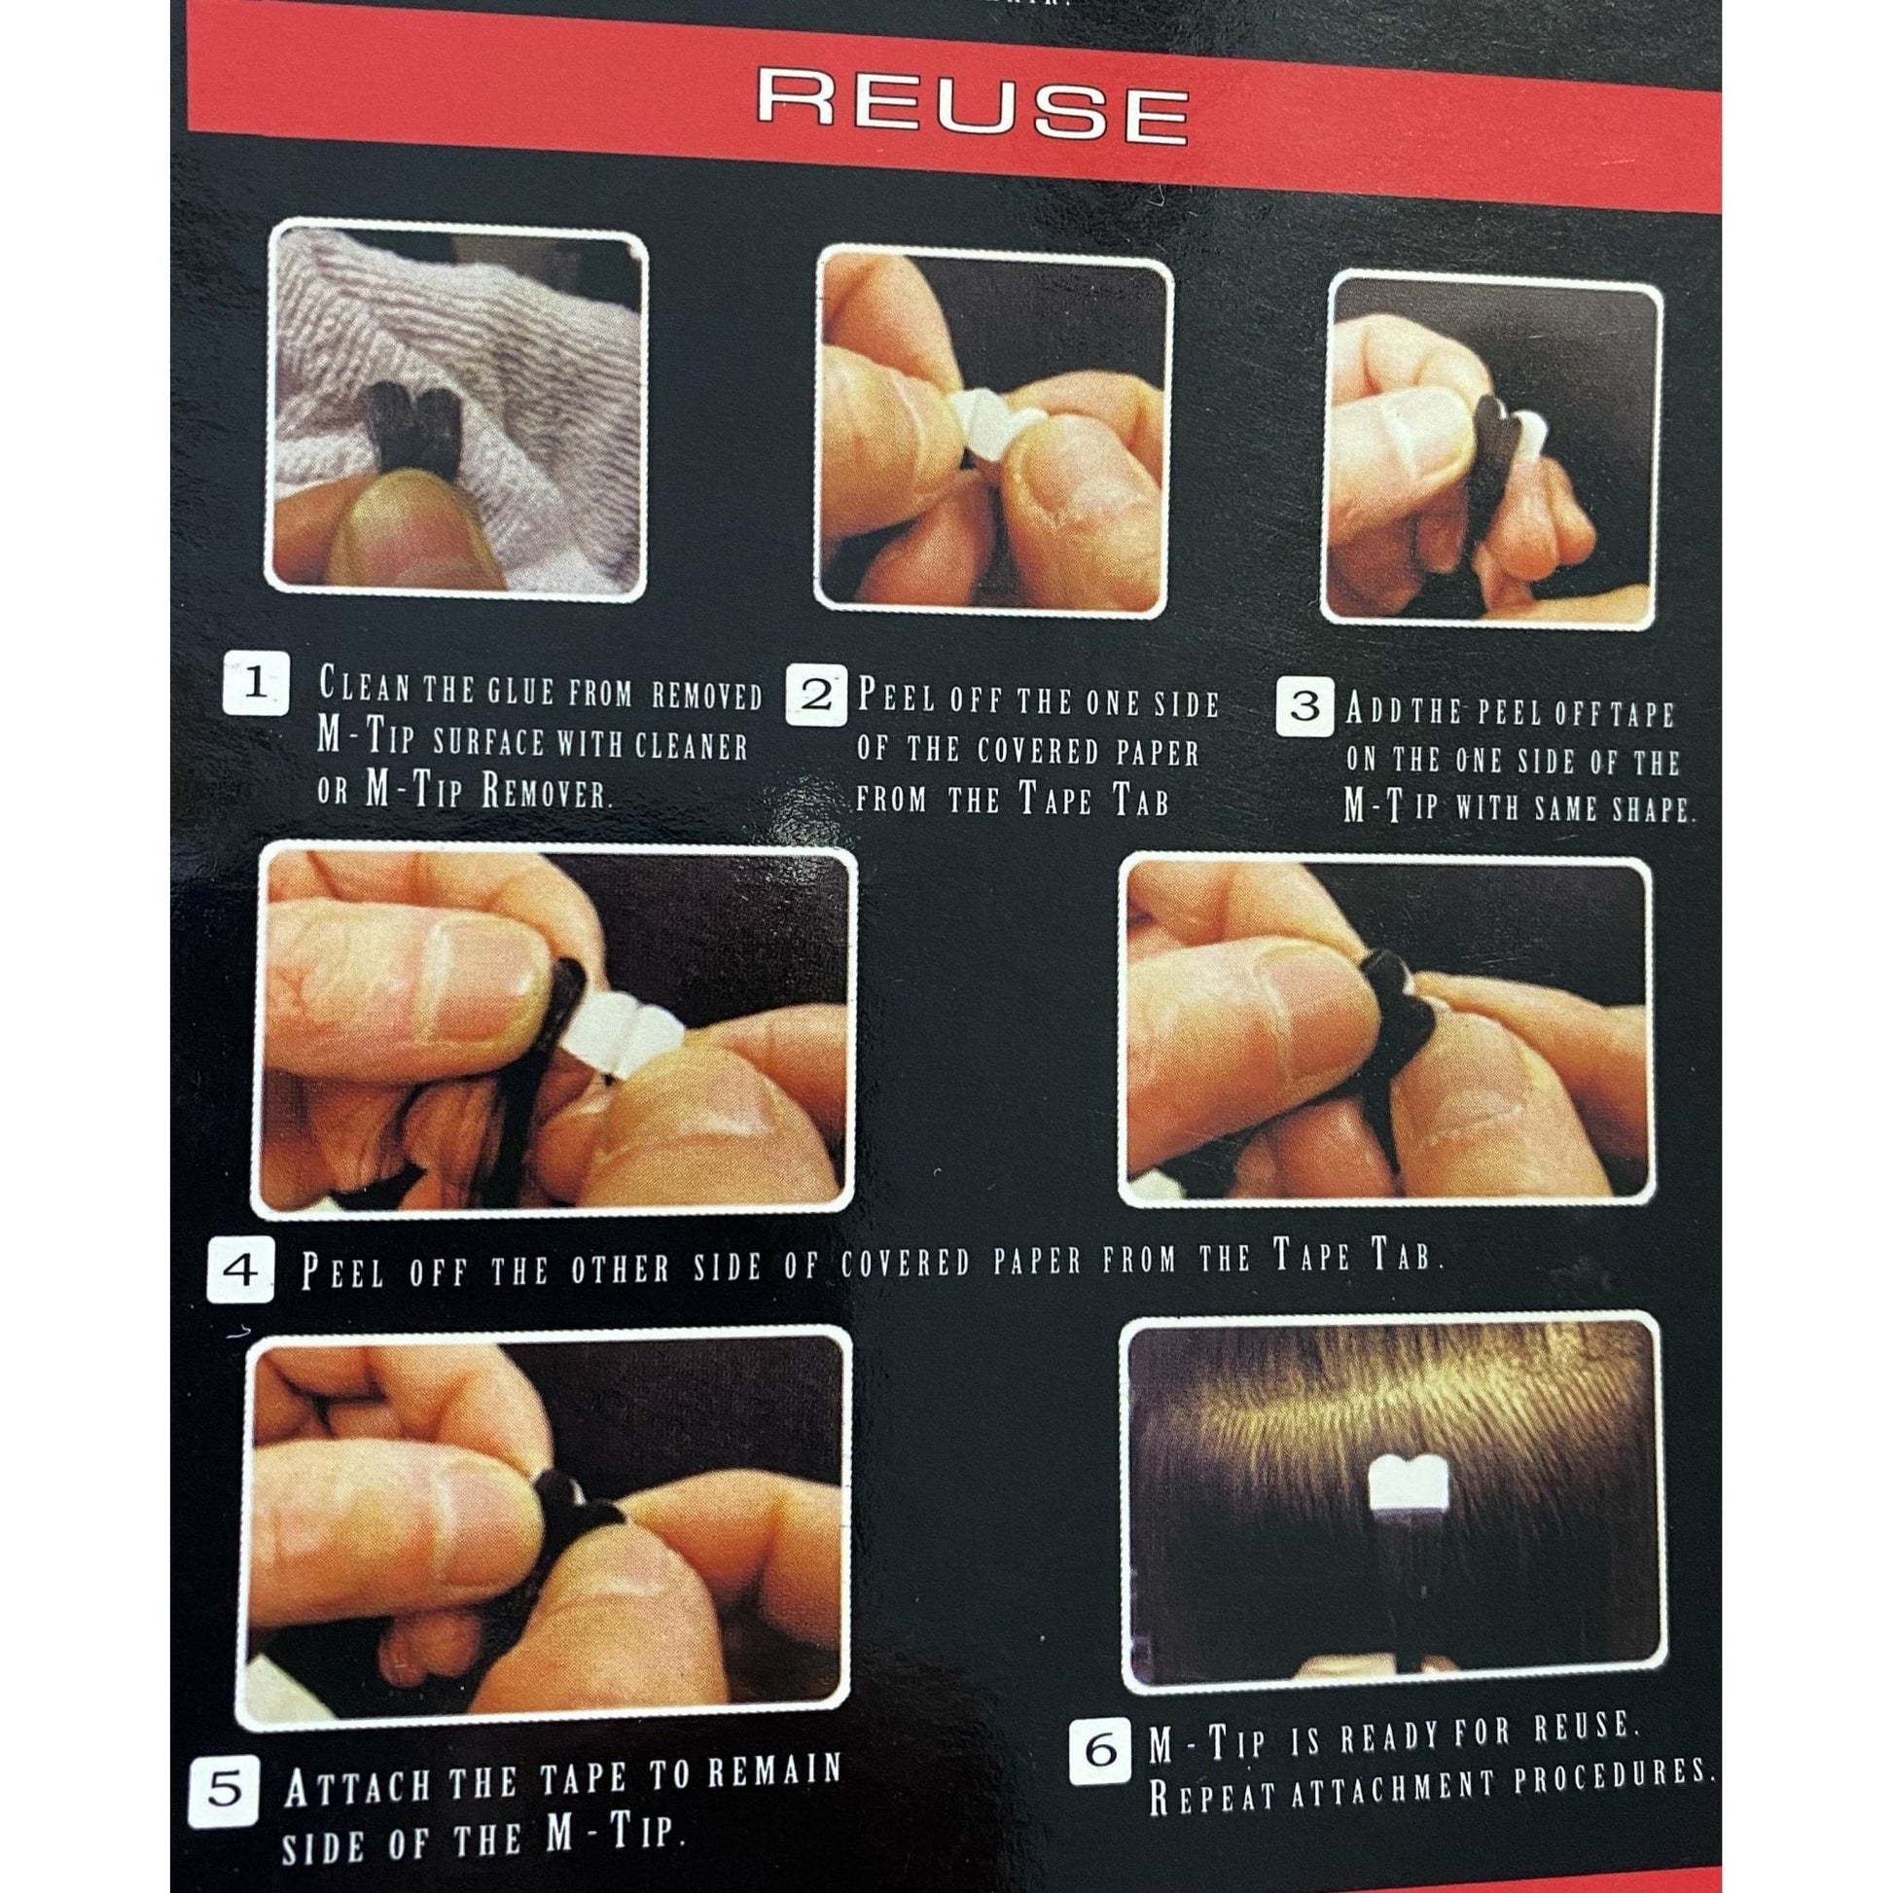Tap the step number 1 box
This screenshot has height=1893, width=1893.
click(257, 684)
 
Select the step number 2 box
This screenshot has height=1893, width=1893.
click(817, 697)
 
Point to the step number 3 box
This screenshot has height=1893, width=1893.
click(1306, 706)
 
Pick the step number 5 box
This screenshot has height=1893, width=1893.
click(226, 1765)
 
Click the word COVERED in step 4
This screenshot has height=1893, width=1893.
click(905, 1263)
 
